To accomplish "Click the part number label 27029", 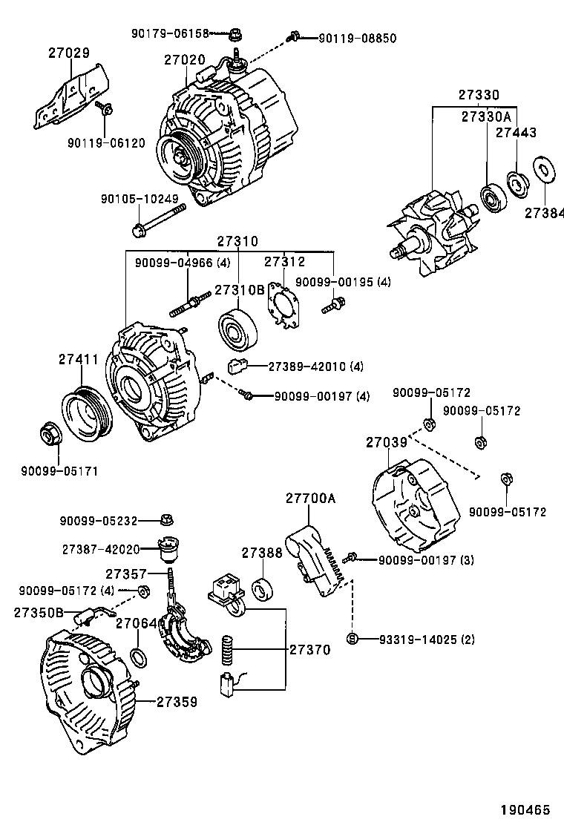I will [69, 53].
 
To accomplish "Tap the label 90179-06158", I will [170, 33].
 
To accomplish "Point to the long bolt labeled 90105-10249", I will [159, 222].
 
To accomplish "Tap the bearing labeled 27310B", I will [238, 326].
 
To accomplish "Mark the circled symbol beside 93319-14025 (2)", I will [352, 638].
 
